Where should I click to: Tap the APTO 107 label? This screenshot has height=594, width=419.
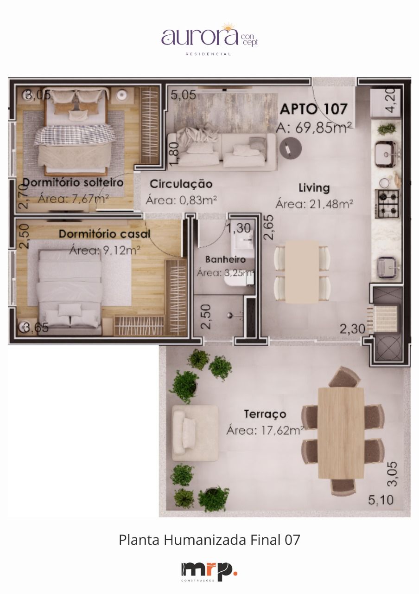click(x=313, y=110)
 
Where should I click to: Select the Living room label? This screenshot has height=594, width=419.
click(x=314, y=188)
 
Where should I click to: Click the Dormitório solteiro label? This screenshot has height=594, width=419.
click(x=73, y=182)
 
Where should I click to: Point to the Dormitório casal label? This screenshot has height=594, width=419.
click(x=104, y=234)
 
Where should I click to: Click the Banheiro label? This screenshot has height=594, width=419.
click(x=225, y=259)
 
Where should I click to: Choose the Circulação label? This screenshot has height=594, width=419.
click(x=181, y=184)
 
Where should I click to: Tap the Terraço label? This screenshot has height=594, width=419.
click(x=265, y=414)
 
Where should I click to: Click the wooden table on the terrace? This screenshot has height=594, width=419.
click(x=341, y=433)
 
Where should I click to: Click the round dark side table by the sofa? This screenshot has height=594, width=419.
click(x=291, y=148)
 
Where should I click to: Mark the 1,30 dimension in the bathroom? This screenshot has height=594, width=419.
click(x=239, y=228)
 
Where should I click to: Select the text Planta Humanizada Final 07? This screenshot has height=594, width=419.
click(x=209, y=540)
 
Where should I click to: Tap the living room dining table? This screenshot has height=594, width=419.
click(x=302, y=271)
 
